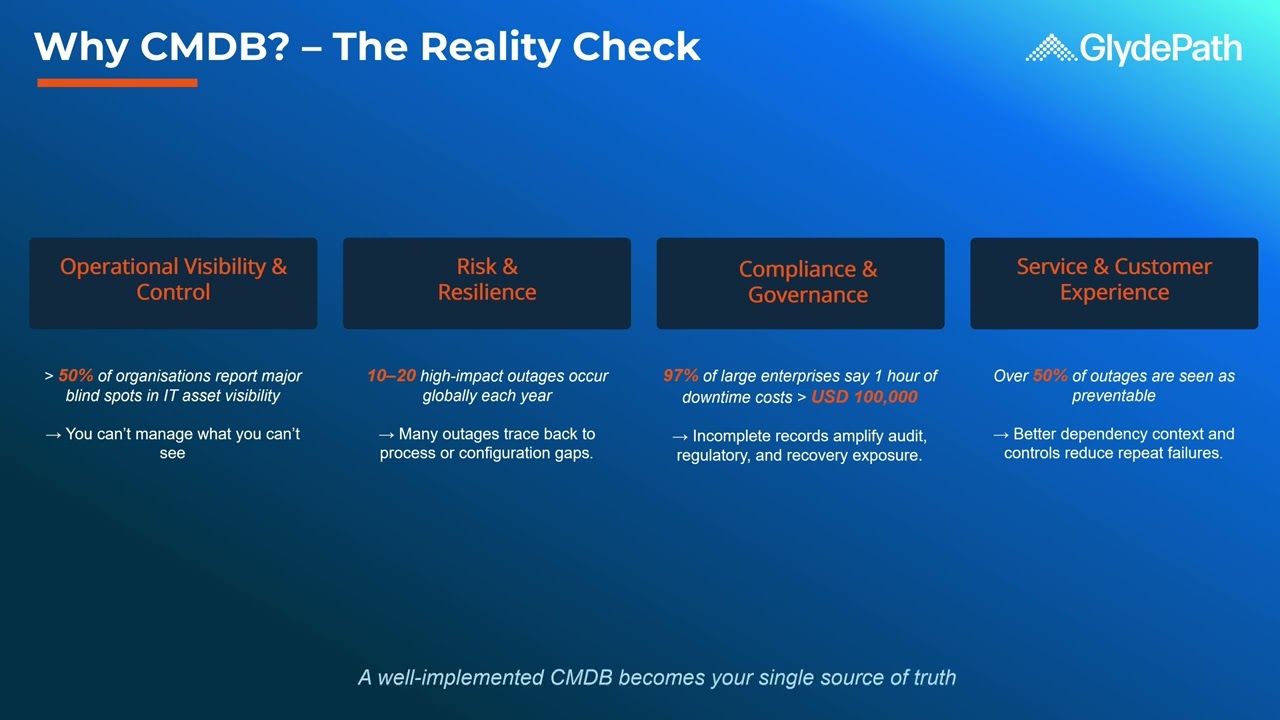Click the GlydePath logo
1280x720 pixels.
click(1133, 48)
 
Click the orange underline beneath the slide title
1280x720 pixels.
click(117, 83)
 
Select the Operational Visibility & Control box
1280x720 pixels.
click(173, 283)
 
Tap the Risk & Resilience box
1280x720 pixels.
click(487, 283)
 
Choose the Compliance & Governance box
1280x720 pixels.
click(800, 283)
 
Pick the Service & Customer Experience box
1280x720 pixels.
click(1114, 283)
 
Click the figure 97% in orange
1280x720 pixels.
click(681, 376)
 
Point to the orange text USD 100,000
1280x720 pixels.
click(864, 397)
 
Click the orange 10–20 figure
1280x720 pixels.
click(391, 376)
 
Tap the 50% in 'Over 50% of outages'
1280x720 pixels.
click(1050, 376)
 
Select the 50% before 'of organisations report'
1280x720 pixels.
click(76, 376)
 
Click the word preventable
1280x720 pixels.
click(1113, 396)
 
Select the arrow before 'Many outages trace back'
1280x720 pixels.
click(386, 435)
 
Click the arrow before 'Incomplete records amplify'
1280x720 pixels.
click(680, 437)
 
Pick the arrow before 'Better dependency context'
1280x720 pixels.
click(1000, 435)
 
